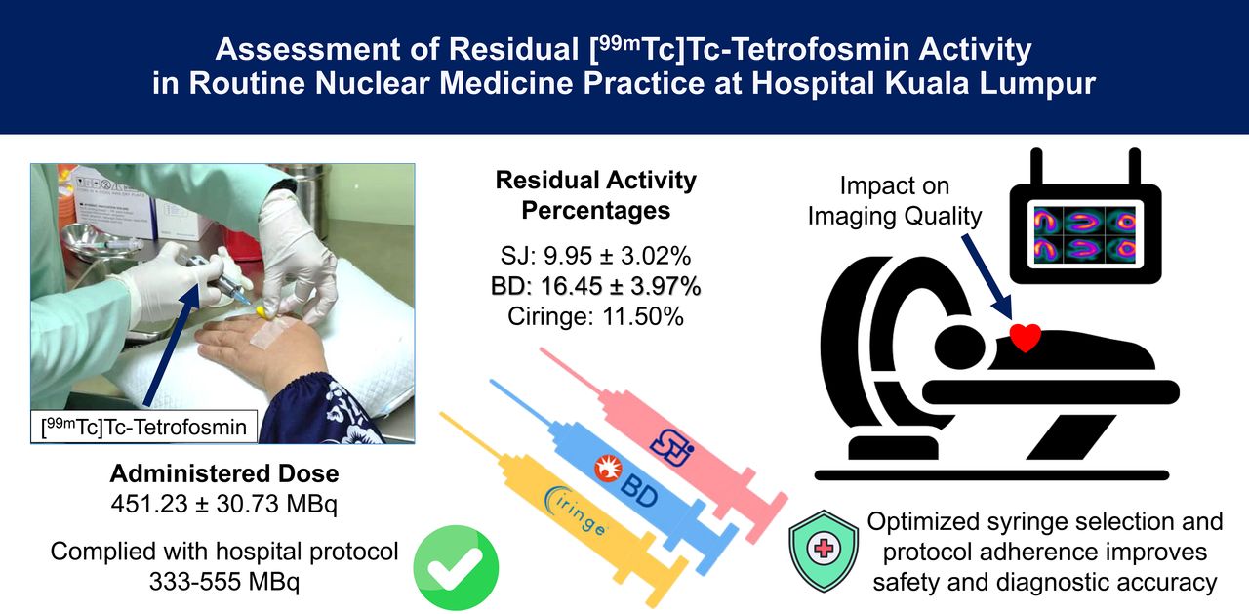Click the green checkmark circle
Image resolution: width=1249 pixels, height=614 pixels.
click(x=456, y=568)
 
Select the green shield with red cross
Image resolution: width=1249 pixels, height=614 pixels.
click(x=824, y=550)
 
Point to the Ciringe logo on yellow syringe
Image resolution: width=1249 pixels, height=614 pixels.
click(x=575, y=511)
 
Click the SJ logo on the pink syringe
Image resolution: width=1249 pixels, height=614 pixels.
click(x=672, y=445)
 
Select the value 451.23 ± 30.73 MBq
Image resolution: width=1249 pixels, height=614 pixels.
click(x=224, y=504)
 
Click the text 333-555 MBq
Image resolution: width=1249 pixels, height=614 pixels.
click(x=224, y=582)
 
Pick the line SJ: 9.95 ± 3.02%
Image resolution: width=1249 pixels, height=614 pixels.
click(x=595, y=256)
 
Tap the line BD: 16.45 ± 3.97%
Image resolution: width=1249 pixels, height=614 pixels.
click(x=595, y=286)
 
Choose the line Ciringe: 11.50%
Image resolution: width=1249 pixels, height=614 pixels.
click(x=595, y=316)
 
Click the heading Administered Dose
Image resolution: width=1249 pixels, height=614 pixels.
click(x=224, y=473)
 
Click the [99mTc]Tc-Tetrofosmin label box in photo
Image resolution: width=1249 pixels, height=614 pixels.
click(x=143, y=427)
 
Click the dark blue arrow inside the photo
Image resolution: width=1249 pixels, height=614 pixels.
click(x=173, y=344)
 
